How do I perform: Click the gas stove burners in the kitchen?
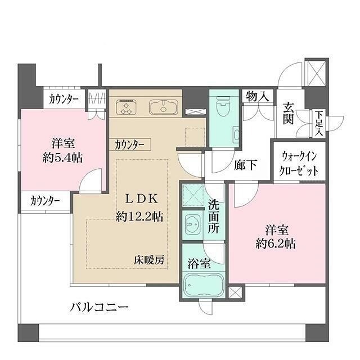[127, 106]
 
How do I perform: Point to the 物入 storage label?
[256, 97]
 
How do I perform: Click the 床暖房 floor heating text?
[149, 260]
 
